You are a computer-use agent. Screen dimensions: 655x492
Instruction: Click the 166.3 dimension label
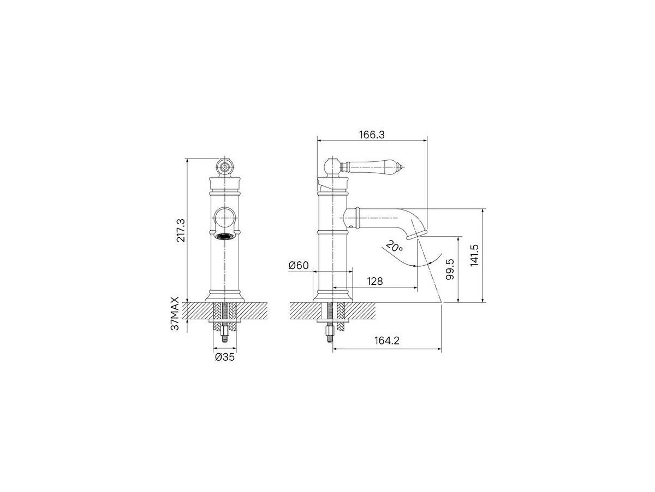[372, 134]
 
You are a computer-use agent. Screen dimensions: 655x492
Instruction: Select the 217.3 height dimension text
[181, 230]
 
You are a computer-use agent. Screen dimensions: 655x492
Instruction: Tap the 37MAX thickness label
[175, 313]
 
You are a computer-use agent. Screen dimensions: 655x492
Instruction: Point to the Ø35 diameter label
[225, 357]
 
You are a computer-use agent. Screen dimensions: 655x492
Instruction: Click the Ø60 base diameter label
[299, 265]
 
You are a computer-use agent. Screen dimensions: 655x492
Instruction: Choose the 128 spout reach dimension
[375, 281]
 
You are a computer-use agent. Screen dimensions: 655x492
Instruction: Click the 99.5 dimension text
[450, 269]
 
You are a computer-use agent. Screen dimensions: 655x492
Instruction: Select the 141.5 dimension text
[474, 255]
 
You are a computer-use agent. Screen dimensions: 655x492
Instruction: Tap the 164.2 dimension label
[387, 341]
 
